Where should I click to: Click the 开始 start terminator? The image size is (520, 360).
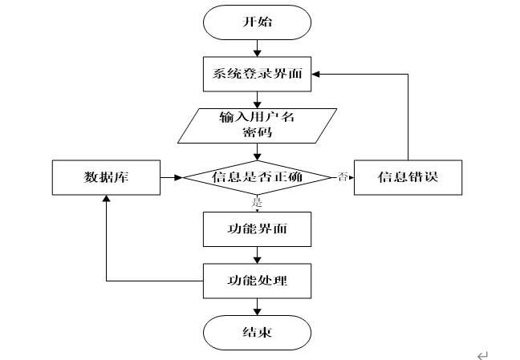[x=257, y=22]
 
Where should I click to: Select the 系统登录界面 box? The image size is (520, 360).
[x=257, y=74]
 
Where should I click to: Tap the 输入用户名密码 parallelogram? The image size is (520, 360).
[x=257, y=126]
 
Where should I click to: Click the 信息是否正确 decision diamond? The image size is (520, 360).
[x=257, y=177]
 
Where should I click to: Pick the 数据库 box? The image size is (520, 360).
[x=106, y=177]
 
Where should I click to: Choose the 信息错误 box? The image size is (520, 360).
[x=408, y=177]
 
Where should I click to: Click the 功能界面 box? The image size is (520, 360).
[x=257, y=229]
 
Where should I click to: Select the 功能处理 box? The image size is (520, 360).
[x=257, y=281]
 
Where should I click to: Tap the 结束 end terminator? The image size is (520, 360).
[x=257, y=333]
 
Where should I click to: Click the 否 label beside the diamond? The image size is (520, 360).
[x=342, y=176]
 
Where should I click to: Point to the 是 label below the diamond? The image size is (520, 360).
[x=257, y=202]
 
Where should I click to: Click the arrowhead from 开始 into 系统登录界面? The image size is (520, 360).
[x=257, y=53]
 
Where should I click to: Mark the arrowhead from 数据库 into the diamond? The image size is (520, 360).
[x=178, y=177]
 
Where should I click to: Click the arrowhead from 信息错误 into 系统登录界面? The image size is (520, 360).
[x=315, y=74]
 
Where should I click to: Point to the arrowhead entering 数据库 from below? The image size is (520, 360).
[x=106, y=199]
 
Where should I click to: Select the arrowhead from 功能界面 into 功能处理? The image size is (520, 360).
[x=257, y=260]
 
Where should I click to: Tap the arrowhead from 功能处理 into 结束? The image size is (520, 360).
[x=257, y=312]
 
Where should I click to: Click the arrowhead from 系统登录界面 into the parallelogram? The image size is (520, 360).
[x=257, y=105]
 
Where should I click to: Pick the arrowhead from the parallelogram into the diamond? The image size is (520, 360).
[x=257, y=157]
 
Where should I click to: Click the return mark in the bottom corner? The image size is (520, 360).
[x=482, y=355]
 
